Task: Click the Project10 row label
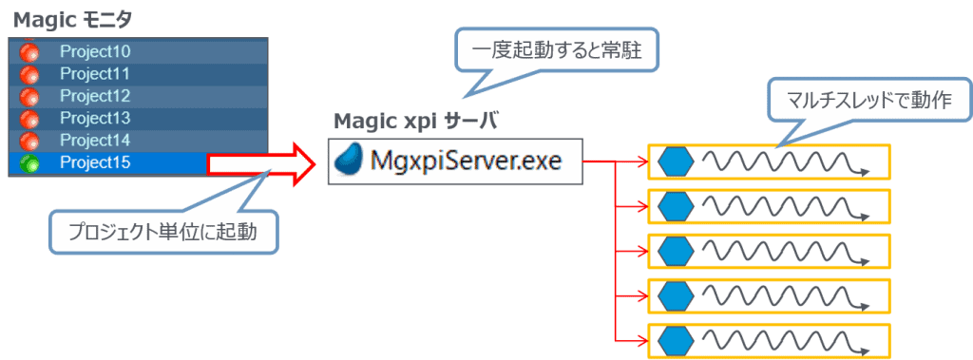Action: click(95, 51)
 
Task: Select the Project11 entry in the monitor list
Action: click(95, 73)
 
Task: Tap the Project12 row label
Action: click(95, 96)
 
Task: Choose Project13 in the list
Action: click(95, 118)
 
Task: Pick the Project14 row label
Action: click(95, 141)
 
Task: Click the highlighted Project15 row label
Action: click(95, 163)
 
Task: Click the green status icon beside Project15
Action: click(29, 163)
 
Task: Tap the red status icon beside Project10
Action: click(29, 51)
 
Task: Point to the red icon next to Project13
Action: click(29, 119)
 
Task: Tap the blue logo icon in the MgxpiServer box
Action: click(350, 161)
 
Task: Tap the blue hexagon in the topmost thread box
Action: click(675, 161)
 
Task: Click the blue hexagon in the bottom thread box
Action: click(675, 339)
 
